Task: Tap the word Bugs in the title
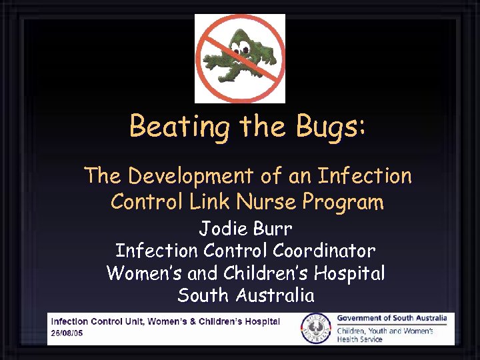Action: point(330,126)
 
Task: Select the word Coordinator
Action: point(325,251)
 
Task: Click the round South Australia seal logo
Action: point(316,327)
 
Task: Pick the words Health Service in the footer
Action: point(360,339)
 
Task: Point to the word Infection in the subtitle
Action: point(365,176)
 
